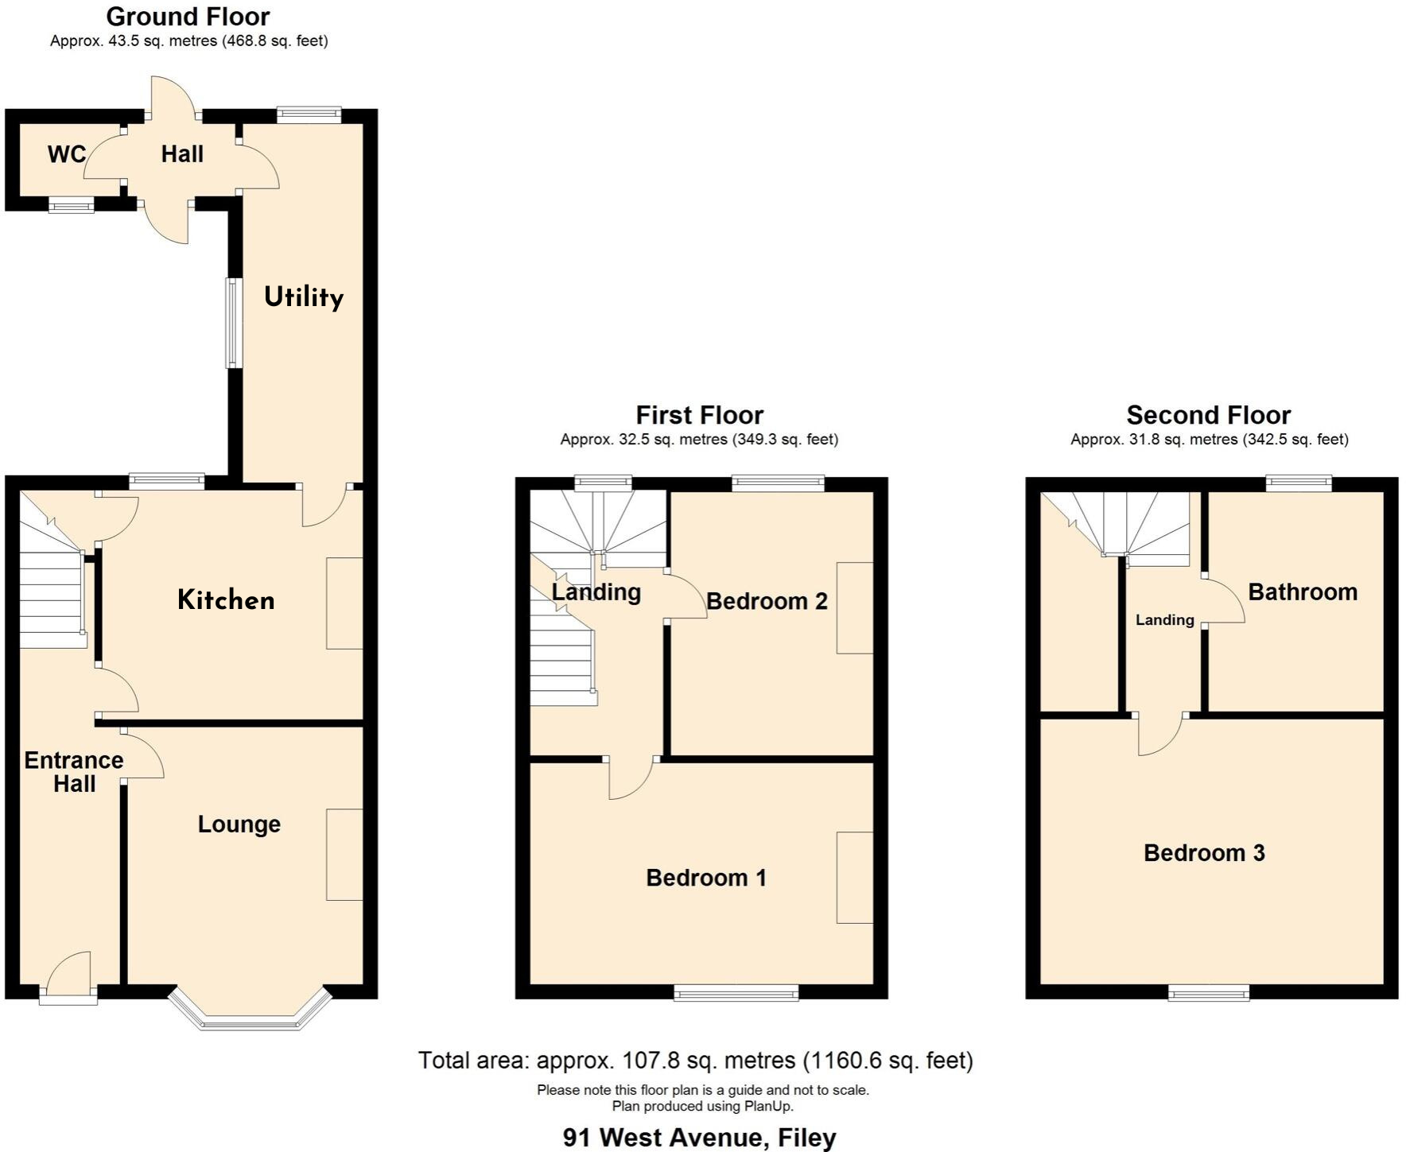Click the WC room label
(67, 154)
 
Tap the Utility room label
(304, 297)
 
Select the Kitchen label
(226, 600)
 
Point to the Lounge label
(239, 824)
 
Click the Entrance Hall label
(74, 772)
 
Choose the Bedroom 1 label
(706, 878)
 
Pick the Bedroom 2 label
(767, 601)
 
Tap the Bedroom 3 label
(1204, 853)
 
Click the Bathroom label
(1303, 592)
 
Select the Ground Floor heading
(188, 17)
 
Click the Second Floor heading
(1209, 415)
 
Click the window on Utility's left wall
(233, 323)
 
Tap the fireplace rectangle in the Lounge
(344, 855)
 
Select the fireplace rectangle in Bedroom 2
(854, 608)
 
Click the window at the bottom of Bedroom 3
(1208, 992)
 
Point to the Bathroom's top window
(1299, 483)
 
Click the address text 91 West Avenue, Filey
(699, 1138)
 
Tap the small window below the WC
(72, 205)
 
